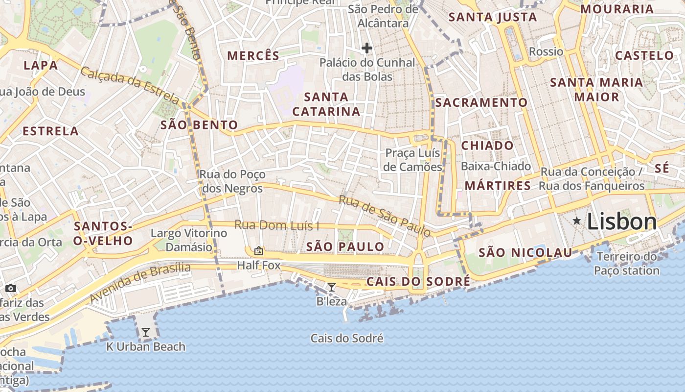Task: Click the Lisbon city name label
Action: click(621, 221)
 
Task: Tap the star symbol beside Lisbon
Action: click(577, 221)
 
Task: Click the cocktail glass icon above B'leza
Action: click(332, 287)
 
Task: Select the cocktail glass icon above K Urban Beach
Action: click(145, 332)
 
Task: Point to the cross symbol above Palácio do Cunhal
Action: click(367, 48)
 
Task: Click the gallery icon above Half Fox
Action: click(259, 251)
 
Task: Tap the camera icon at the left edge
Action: click(11, 288)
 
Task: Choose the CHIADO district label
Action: click(487, 146)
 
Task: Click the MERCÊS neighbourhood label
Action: click(253, 56)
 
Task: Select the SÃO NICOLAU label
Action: click(525, 253)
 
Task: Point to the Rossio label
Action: click(546, 51)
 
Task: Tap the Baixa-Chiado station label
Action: click(496, 166)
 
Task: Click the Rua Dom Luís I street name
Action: click(277, 225)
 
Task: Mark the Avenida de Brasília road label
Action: click(140, 282)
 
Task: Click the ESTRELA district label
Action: click(50, 131)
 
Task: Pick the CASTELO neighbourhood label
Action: click(644, 55)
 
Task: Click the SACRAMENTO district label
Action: click(481, 102)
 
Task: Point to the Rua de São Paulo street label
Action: click(385, 216)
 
